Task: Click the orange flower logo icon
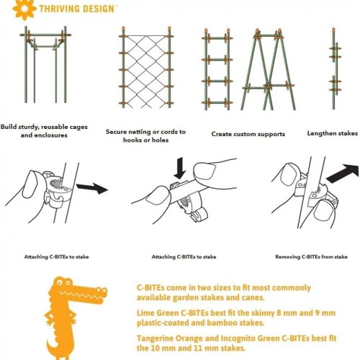click(x=24, y=9)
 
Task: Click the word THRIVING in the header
click(x=57, y=9)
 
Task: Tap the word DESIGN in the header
click(x=95, y=9)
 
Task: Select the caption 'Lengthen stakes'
click(x=333, y=133)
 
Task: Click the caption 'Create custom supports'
click(x=248, y=134)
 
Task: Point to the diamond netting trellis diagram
click(x=146, y=68)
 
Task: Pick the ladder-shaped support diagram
click(x=217, y=70)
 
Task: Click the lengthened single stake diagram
click(x=334, y=68)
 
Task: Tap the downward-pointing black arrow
click(x=180, y=168)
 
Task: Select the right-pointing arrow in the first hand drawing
click(x=92, y=188)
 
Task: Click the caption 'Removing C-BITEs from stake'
click(x=311, y=257)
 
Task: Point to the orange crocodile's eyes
click(x=64, y=282)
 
